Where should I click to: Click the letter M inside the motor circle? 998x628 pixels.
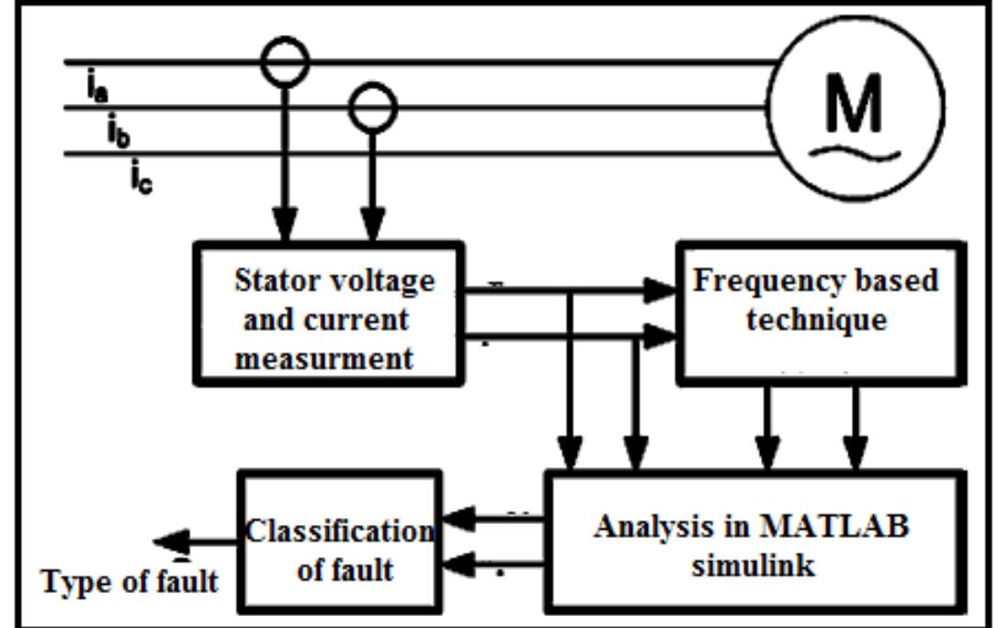tap(853, 103)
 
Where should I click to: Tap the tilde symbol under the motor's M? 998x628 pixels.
tap(853, 153)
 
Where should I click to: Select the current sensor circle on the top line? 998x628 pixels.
tap(286, 63)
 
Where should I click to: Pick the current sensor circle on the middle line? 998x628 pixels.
tap(371, 107)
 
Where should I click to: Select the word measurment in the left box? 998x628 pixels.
tap(323, 359)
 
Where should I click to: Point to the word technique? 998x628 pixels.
tap(816, 320)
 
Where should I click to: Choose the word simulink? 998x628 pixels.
tap(753, 565)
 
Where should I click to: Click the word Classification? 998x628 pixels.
tap(338, 531)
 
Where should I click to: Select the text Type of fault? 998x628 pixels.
tap(130, 581)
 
